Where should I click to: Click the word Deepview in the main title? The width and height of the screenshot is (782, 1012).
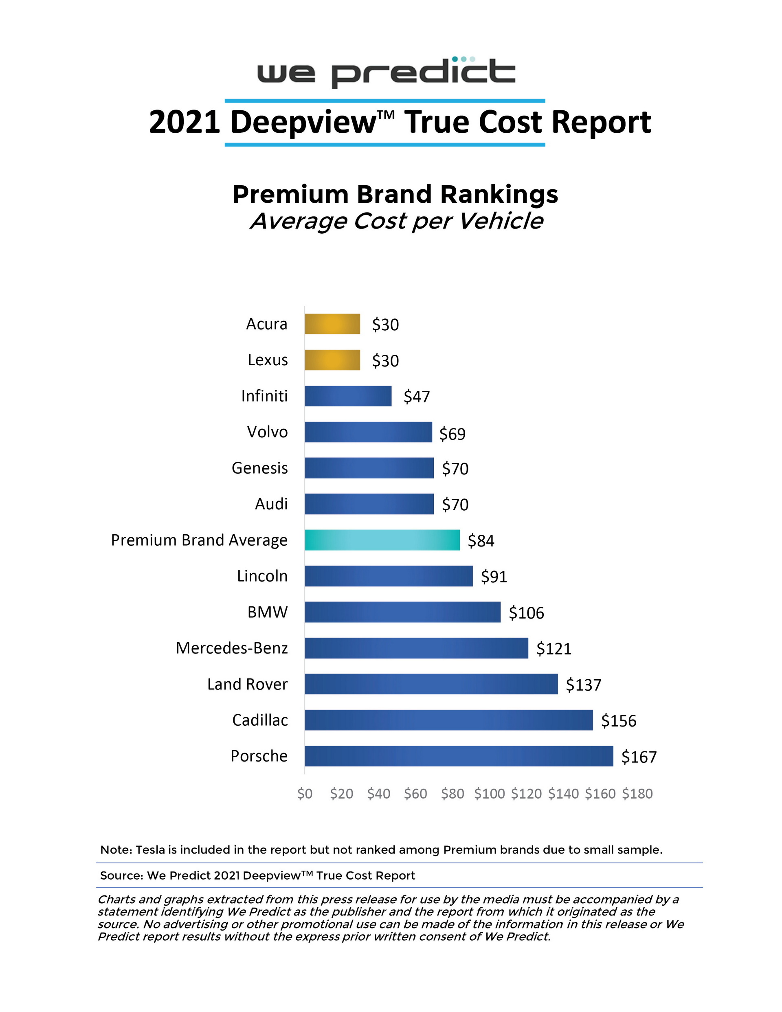coord(303,122)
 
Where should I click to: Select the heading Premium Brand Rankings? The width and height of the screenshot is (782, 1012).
coord(395,194)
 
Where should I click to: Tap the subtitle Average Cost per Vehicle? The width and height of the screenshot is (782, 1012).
coord(396,221)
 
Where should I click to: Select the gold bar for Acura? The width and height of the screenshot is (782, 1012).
coord(332,324)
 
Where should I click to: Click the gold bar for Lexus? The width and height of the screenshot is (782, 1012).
coord(332,360)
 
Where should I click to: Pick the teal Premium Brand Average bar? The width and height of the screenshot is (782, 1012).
coord(382,540)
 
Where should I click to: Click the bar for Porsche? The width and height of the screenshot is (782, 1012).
coord(459,756)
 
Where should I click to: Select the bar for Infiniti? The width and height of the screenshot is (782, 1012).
coord(348,396)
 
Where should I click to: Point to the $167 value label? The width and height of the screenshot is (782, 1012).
coord(638,757)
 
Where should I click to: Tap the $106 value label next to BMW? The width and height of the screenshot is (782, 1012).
coord(526,613)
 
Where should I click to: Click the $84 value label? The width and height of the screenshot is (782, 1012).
coord(481,541)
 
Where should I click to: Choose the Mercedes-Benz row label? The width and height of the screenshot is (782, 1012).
coord(231,648)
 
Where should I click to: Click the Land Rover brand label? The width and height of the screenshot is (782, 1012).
coord(247,684)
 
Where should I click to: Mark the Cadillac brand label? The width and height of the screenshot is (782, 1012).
coord(259,720)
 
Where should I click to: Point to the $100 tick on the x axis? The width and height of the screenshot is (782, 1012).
coord(489,794)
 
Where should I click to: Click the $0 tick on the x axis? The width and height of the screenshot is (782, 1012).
coord(305,794)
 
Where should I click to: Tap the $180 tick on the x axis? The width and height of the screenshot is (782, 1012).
coord(637,794)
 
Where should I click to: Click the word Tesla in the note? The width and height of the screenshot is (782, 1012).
coord(150,850)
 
